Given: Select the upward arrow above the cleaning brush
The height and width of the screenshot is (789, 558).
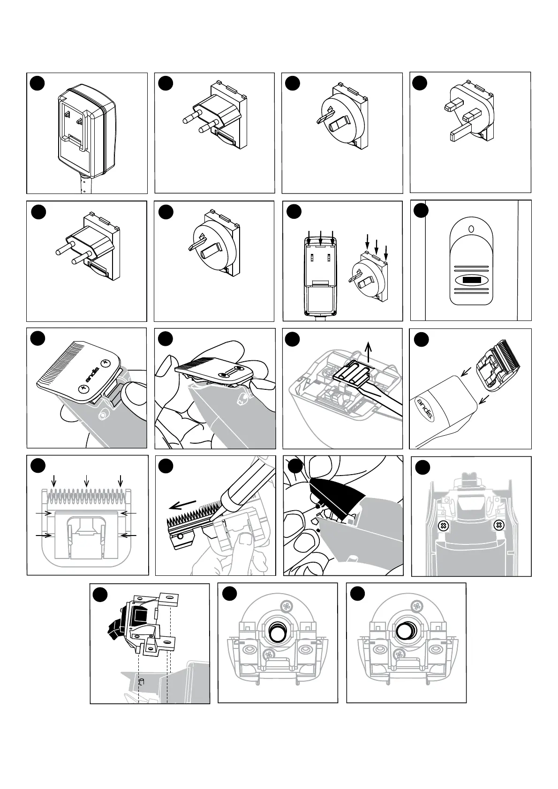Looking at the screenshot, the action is [368, 350].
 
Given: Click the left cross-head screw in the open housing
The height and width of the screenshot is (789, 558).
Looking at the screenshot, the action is [441, 526].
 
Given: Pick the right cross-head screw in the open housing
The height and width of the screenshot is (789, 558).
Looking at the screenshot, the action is [499, 526].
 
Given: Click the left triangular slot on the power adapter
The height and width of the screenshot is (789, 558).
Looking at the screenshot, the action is [67, 114].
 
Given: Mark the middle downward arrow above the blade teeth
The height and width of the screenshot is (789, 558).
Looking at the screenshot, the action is [86, 481].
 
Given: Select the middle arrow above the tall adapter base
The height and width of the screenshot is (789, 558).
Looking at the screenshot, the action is [320, 237].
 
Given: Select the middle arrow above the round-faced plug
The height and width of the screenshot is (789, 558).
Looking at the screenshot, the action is [377, 247].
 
